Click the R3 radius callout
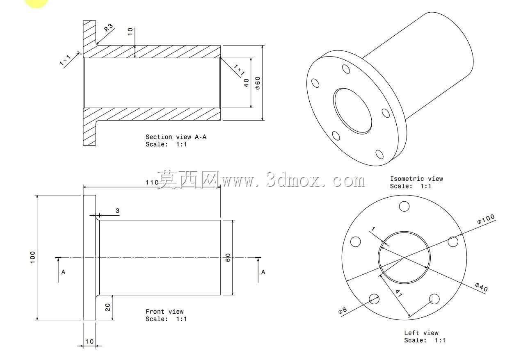tap(109, 27)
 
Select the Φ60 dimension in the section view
tap(258, 83)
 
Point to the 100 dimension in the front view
tap(32, 257)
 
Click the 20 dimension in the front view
tap(107, 307)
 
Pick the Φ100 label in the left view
tap(486, 219)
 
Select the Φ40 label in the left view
tap(481, 287)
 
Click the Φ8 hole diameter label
tap(343, 310)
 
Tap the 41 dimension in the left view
tap(399, 293)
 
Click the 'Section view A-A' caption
tap(176, 137)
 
